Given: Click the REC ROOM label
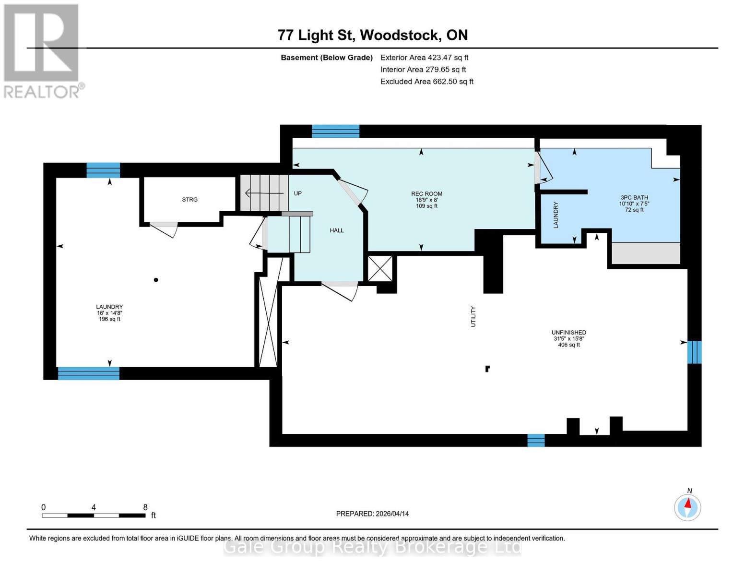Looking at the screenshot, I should (x=426, y=194).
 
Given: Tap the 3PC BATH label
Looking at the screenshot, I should (x=634, y=197).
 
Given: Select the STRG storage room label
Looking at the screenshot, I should (x=189, y=200).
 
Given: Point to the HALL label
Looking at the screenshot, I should (x=337, y=230).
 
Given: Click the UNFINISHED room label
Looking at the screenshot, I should (x=568, y=333).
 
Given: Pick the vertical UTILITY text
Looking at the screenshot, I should (x=473, y=317).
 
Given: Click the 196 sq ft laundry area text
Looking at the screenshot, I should (x=109, y=319).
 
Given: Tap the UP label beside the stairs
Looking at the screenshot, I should (x=297, y=193).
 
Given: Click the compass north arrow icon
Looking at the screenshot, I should (x=687, y=506).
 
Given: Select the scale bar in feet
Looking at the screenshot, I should (x=94, y=515).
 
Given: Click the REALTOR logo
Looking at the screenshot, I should (x=42, y=50).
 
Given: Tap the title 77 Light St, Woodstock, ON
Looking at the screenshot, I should (x=373, y=35).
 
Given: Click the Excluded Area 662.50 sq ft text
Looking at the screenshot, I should (x=426, y=82).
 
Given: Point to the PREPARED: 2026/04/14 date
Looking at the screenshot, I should (x=372, y=514).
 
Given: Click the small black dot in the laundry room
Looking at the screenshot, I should (x=156, y=280).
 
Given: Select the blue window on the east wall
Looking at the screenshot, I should (x=694, y=352).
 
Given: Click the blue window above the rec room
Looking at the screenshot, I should (x=335, y=131).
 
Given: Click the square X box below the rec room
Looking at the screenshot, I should (x=380, y=268).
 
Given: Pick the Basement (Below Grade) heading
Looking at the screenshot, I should (x=326, y=58).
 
